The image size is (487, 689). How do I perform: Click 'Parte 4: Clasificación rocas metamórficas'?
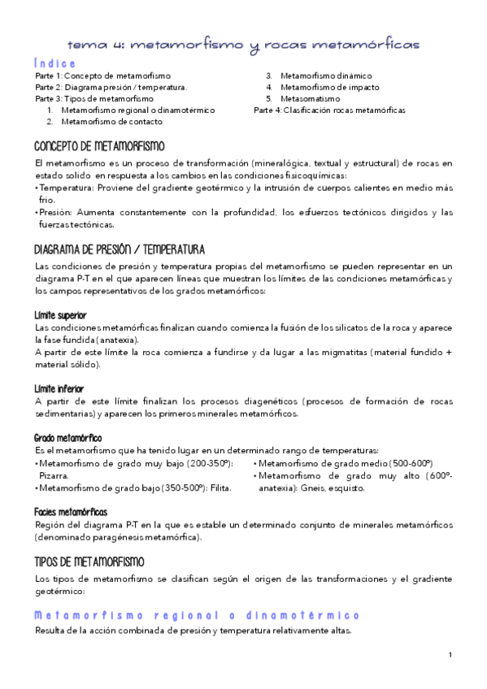click(329, 110)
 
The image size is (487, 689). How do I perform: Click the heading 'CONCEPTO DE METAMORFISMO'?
click(98, 146)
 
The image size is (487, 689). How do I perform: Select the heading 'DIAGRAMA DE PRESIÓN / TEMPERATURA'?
click(120, 249)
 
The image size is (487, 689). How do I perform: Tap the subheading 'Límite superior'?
click(61, 314)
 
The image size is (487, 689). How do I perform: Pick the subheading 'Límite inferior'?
click(59, 388)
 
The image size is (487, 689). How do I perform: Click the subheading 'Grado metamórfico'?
click(67, 438)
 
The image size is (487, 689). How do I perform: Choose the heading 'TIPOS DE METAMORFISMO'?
click(89, 561)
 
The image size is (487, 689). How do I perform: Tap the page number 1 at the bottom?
click(450, 655)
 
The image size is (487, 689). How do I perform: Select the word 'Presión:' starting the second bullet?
click(56, 213)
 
